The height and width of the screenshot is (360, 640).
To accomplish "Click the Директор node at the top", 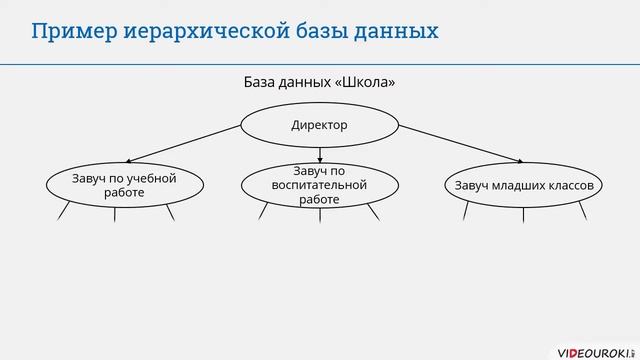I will click(319, 126).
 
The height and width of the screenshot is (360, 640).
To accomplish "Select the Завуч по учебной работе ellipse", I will click(124, 185).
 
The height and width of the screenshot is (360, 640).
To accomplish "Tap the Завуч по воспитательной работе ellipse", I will click(319, 185).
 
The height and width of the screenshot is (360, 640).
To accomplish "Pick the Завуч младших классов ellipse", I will click(524, 185).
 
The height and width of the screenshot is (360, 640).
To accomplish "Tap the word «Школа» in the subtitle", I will click(361, 82).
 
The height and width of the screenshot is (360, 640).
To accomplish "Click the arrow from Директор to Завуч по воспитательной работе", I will click(319, 155).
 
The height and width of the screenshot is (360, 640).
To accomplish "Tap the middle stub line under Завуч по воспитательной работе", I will click(319, 214).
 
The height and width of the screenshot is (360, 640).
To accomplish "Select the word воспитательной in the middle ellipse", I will click(319, 185).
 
